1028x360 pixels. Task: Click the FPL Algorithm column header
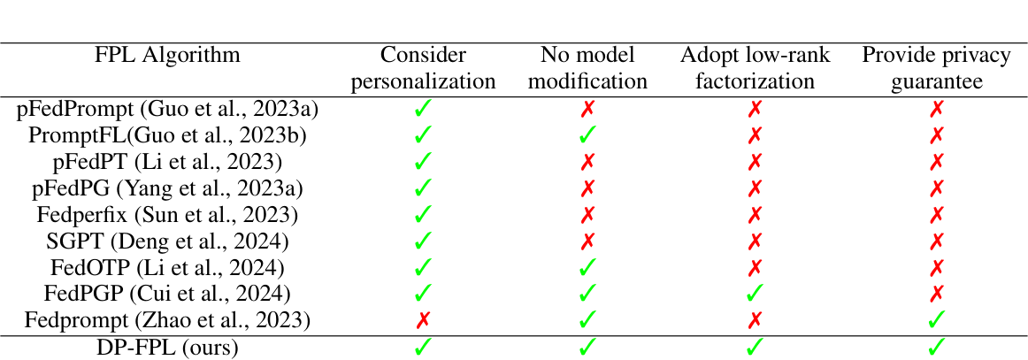(168, 55)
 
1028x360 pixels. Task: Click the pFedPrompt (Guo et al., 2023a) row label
(168, 110)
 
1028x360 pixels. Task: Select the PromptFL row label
(168, 135)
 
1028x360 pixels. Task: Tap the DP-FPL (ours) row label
(168, 348)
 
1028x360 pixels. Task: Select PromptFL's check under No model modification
(587, 135)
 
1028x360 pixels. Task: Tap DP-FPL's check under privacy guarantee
(936, 348)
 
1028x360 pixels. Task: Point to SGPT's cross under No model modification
(587, 240)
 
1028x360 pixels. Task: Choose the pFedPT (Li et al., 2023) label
(168, 162)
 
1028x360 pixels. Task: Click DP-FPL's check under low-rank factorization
(755, 348)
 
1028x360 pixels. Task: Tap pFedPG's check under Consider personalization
(424, 188)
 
